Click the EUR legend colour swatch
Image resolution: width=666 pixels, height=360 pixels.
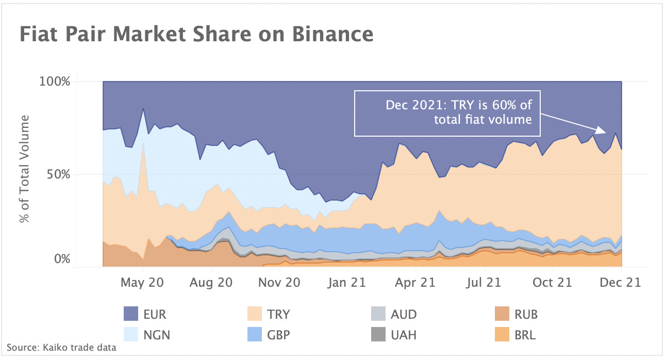tap(131, 314)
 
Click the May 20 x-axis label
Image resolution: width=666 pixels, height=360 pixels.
tap(143, 283)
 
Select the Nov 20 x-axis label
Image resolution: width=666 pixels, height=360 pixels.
tap(279, 283)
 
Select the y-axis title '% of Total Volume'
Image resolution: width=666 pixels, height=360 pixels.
tap(24, 169)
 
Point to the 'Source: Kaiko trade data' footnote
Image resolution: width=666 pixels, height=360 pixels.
tap(61, 348)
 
